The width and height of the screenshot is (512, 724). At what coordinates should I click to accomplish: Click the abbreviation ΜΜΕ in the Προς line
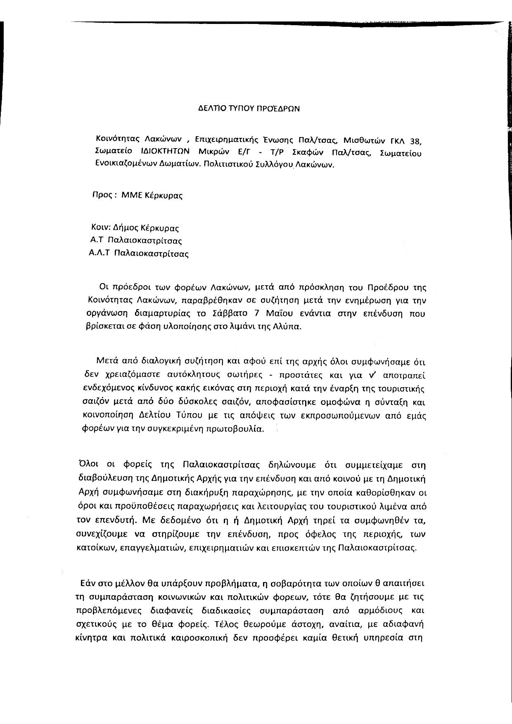point(132,195)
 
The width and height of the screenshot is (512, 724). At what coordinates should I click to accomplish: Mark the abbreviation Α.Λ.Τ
point(99,253)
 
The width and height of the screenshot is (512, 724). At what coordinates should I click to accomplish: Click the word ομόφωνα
point(336,402)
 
